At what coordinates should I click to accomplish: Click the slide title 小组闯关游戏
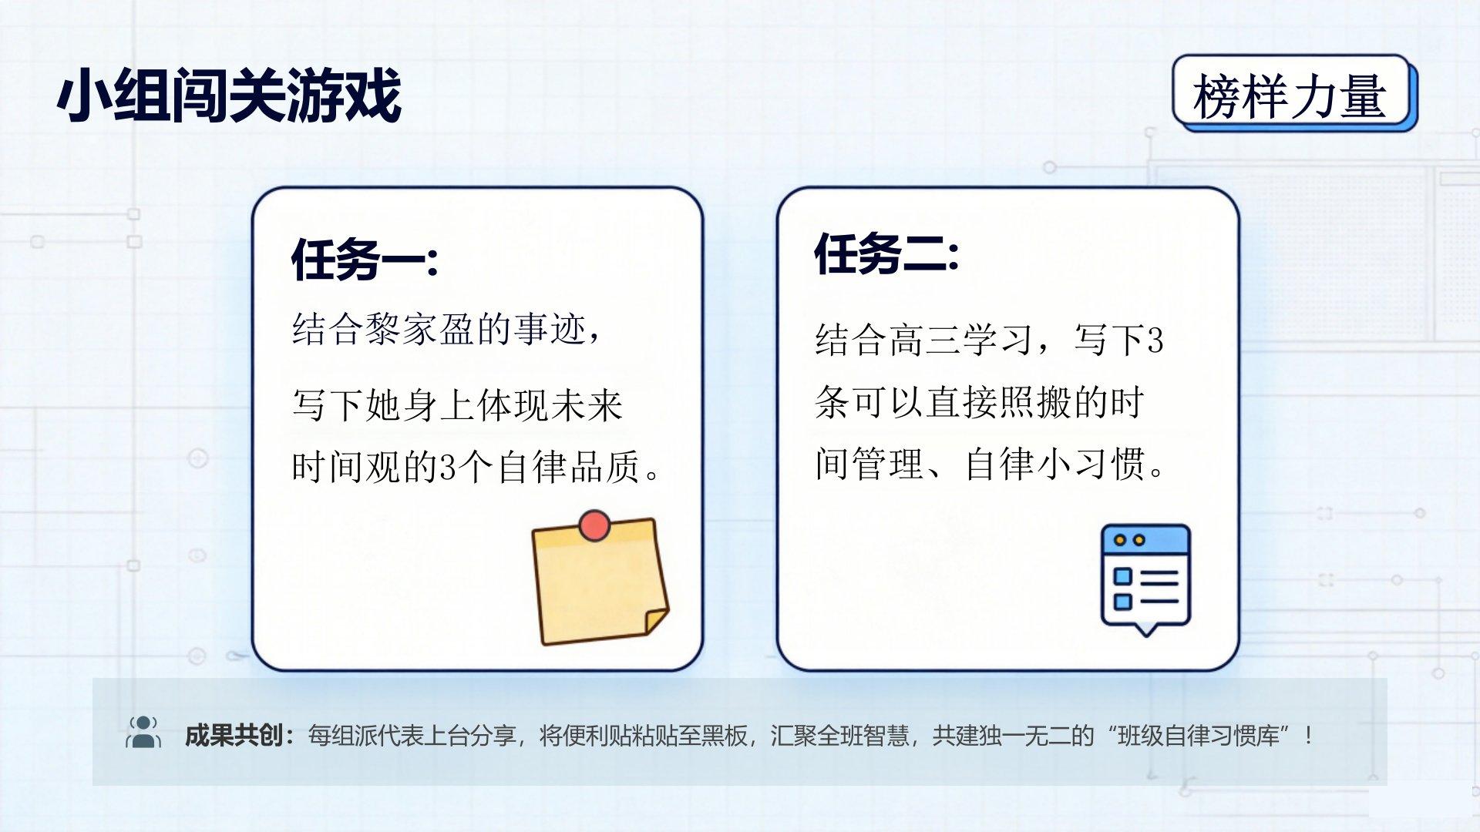pos(229,96)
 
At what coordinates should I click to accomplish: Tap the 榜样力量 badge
pos(1294,93)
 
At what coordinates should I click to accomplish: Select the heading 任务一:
pos(365,259)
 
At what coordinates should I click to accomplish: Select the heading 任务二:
pos(886,253)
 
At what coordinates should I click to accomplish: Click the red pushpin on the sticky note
pos(594,525)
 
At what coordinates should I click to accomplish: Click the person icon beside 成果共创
pos(143,733)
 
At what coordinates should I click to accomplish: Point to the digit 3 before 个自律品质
pos(448,467)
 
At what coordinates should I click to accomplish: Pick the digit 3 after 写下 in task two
pos(1155,341)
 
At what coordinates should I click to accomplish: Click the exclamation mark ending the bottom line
pos(1309,736)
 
